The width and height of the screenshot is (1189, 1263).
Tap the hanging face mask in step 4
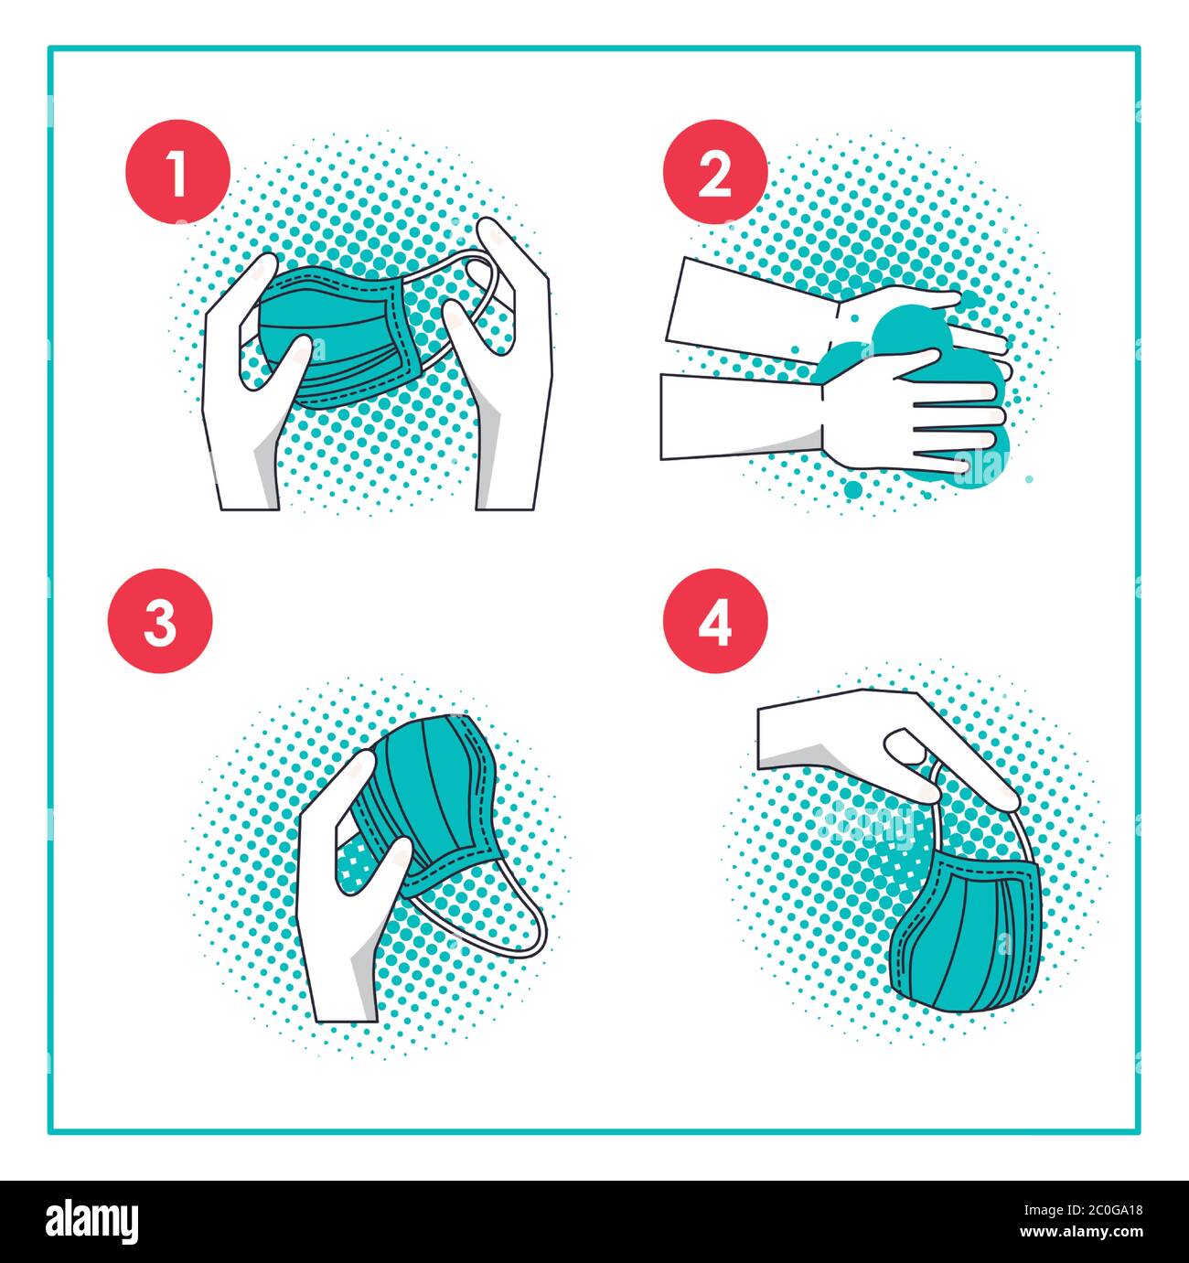pos(965,933)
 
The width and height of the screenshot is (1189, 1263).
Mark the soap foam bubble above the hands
pos(901,334)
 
